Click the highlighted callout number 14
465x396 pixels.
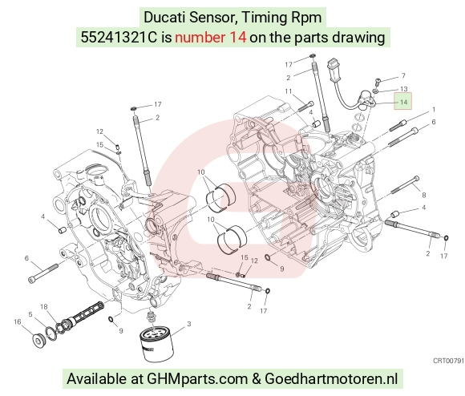403,103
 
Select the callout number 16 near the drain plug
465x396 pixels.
18,321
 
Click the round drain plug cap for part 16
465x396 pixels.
38,341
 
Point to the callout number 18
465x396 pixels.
44,307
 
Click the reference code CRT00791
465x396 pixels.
448,361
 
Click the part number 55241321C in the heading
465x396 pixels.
119,38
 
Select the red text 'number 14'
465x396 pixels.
211,38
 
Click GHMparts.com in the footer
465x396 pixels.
197,379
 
